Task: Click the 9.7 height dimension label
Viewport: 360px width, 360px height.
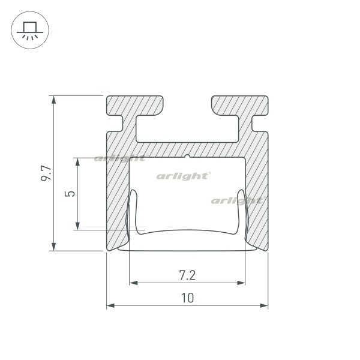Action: point(47,173)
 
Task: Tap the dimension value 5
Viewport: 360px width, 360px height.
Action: point(70,194)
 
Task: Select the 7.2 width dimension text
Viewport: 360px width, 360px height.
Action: point(187,275)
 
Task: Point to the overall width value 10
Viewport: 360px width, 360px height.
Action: point(188,298)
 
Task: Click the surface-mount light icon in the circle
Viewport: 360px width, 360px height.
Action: point(30,30)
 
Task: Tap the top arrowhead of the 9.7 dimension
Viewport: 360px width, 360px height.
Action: point(53,100)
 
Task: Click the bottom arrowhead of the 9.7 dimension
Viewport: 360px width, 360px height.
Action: point(53,247)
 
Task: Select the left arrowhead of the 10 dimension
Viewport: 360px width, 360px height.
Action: point(110,305)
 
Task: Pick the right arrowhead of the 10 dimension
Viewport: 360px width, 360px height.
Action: point(264,305)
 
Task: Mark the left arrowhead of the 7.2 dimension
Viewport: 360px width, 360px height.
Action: point(134,283)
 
